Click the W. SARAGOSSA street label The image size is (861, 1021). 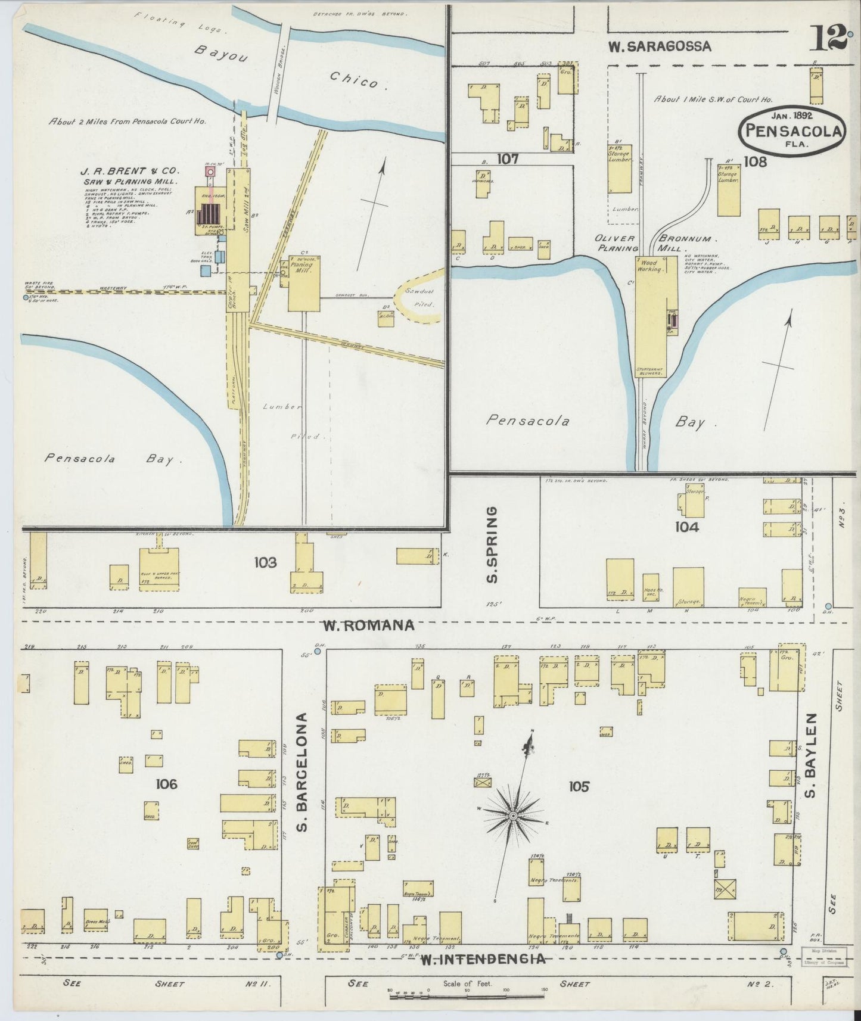(x=660, y=46)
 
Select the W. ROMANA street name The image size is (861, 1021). (x=368, y=625)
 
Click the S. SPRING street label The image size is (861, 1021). (x=491, y=544)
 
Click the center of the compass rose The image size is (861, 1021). (x=513, y=815)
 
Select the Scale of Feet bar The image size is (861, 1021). (x=467, y=995)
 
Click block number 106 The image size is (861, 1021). (x=166, y=784)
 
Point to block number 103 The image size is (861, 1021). (x=265, y=562)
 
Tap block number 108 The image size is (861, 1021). (x=754, y=161)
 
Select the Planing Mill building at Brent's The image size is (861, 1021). (x=304, y=283)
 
